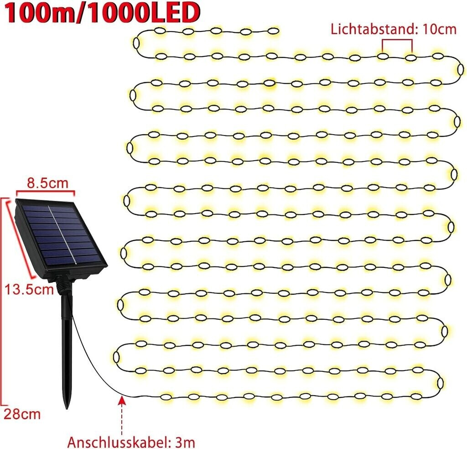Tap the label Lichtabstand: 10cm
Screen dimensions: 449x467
click(x=394, y=29)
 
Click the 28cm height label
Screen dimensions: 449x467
click(x=22, y=414)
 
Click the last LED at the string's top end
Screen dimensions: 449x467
click(x=273, y=31)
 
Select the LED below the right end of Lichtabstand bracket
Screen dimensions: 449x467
click(x=411, y=58)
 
